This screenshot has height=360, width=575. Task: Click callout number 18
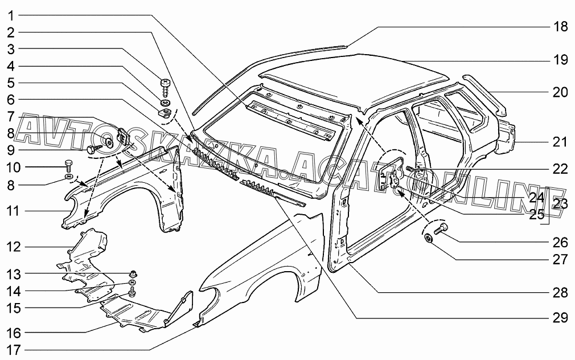tap(560, 27)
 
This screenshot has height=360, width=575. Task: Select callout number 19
tap(560, 59)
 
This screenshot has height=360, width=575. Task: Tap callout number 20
tap(560, 92)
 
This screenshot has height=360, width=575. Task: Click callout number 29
tap(560, 317)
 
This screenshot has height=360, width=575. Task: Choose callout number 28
tap(560, 293)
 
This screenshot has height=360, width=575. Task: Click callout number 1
tap(11, 15)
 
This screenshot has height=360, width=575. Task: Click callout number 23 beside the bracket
tap(560, 204)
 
